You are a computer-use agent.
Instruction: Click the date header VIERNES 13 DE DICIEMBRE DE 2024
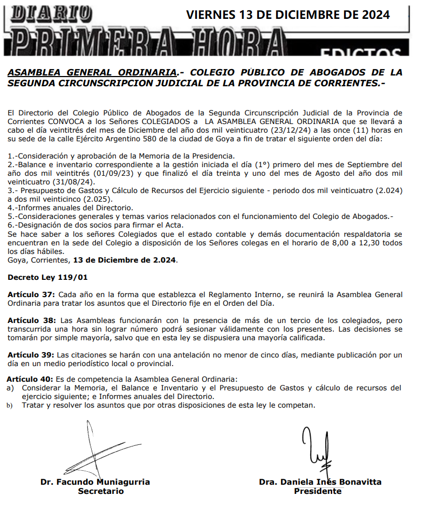[288, 15]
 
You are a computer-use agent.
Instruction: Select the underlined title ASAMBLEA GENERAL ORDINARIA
[92, 72]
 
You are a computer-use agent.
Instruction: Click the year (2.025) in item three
[100, 199]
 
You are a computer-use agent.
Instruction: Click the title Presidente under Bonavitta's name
[317, 491]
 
